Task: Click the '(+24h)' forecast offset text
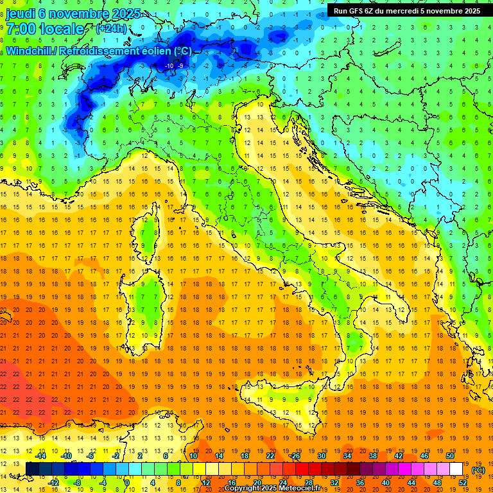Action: (110, 29)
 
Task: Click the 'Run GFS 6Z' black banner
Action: (406, 11)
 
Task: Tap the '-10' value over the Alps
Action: (169, 66)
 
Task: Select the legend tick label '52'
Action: (463, 483)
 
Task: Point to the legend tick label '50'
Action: (450, 456)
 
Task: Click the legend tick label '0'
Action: (128, 483)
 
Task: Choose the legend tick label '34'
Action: (347, 456)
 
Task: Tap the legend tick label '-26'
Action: (295, 456)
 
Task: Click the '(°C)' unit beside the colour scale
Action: (479, 470)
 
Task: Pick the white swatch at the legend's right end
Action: (456, 469)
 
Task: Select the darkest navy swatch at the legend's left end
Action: (32, 469)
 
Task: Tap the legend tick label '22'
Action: (270, 456)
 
